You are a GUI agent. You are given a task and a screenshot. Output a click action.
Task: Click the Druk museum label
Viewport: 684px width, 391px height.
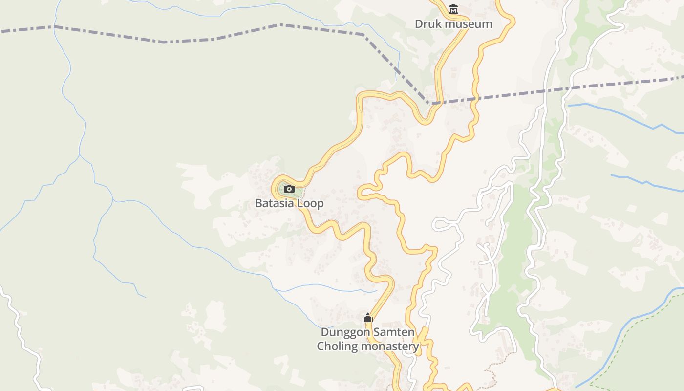tap(453, 23)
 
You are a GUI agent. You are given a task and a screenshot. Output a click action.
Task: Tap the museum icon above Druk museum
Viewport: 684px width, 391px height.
tap(453, 9)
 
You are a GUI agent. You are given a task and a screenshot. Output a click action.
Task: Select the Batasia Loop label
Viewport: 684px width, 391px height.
tap(289, 203)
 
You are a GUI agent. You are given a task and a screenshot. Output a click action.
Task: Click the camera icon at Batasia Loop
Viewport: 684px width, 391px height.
tap(289, 189)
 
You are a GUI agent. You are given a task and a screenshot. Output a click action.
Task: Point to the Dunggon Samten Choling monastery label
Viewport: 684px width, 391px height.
tap(367, 339)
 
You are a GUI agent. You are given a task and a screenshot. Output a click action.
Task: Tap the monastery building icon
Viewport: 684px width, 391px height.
tap(368, 318)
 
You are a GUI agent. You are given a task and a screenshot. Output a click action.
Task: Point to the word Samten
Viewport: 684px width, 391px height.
tap(394, 332)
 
